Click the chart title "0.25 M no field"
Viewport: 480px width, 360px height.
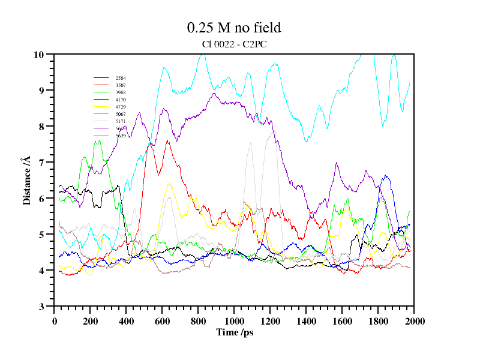point(234,28)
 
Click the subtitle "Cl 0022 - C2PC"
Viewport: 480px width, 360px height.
point(234,43)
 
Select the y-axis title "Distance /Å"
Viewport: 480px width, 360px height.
point(27,181)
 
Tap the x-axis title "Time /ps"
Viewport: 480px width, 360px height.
point(234,332)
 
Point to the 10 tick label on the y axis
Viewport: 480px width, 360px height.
point(40,55)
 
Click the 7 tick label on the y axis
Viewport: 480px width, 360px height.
point(42,163)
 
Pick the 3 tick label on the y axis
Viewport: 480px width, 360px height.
point(42,307)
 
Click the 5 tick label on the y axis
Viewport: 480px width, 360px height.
point(42,235)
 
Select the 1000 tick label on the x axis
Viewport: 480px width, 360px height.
point(234,321)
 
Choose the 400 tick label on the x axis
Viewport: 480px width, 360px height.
point(126,321)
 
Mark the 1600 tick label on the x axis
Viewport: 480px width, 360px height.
point(342,321)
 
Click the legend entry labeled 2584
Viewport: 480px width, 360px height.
point(121,78)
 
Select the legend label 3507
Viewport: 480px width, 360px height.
point(121,85)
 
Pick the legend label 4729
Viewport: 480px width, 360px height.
point(121,107)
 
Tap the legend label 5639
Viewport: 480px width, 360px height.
point(121,136)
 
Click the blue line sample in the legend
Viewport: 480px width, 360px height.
point(101,128)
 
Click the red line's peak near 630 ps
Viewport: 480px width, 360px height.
point(167,140)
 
